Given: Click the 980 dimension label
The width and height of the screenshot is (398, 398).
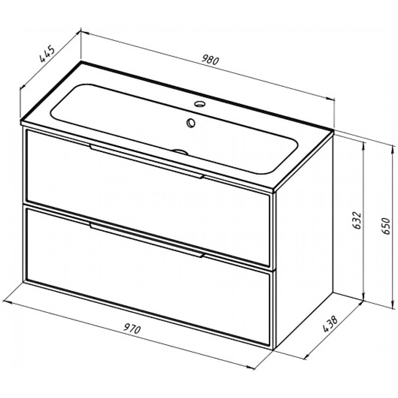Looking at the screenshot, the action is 210,60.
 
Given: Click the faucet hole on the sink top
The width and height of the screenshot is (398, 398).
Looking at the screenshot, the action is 200,103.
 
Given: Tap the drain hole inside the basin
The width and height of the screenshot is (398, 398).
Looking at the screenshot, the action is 191,123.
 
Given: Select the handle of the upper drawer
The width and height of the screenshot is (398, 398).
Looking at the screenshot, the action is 146,161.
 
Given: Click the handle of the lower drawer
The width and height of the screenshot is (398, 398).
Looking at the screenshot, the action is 146,240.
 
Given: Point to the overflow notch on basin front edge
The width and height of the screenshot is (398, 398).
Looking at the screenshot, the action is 180,152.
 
